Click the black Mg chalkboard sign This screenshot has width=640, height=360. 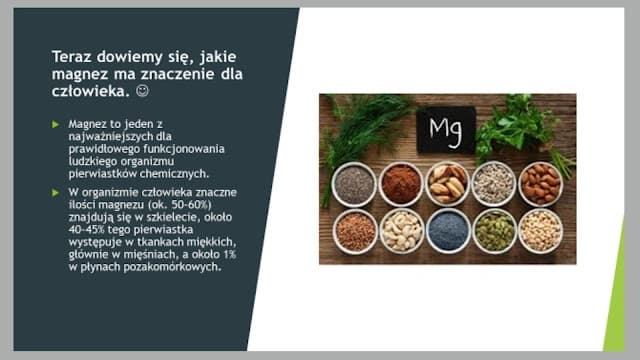coord(446,131)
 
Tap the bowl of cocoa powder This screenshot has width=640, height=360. coord(401,184)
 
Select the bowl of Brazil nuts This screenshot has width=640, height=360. coord(447,184)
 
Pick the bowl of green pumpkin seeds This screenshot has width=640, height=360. coord(494,230)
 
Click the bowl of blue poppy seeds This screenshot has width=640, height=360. coord(447,230)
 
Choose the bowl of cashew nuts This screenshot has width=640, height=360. coord(401,230)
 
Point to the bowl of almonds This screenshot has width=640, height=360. coord(540,184)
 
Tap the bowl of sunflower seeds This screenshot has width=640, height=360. coord(493,184)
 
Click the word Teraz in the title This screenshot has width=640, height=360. coord(72,56)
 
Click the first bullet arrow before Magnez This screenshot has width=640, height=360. coord(56,125)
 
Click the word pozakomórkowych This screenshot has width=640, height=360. coord(175,267)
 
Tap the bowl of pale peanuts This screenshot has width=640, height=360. coord(540,230)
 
